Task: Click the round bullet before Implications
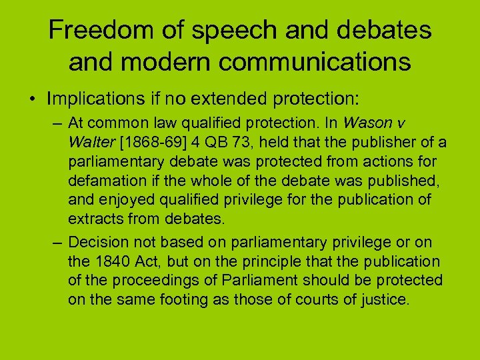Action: click(32, 99)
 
